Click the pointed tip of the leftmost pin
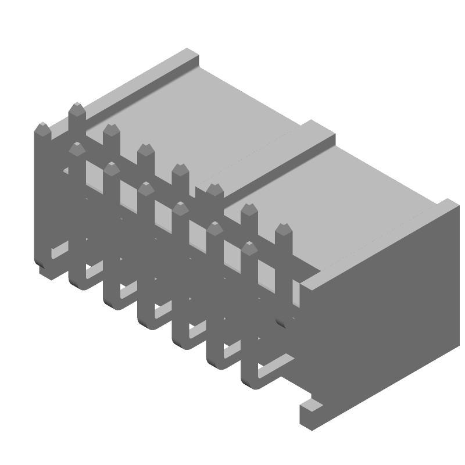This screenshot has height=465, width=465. [x=42, y=129]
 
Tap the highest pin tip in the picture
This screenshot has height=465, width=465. [x=77, y=109]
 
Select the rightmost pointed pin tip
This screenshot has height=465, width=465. [x=284, y=230]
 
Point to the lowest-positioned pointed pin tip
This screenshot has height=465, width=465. [x=249, y=248]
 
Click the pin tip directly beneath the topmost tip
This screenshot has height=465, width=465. [x=77, y=149]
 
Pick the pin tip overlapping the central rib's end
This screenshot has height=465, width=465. [x=215, y=189]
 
